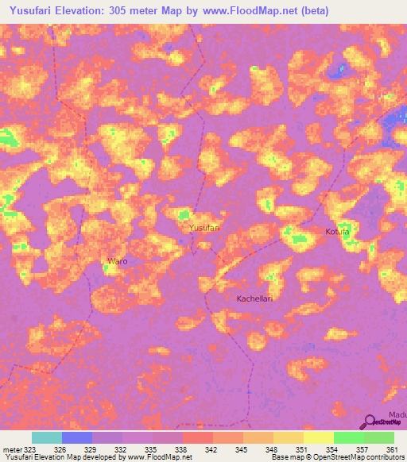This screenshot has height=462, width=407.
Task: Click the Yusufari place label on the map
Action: [x=203, y=228]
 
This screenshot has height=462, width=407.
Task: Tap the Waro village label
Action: [x=117, y=260]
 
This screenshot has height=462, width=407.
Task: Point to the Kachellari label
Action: [x=254, y=298]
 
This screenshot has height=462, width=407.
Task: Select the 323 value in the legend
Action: [x=29, y=449]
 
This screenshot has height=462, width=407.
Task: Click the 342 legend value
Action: [x=211, y=449]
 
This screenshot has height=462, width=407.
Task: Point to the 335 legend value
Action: [x=151, y=449]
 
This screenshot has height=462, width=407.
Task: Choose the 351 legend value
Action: [x=302, y=449]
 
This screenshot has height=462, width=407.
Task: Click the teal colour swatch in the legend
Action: [x=46, y=437]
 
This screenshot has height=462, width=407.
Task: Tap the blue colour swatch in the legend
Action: [x=76, y=437]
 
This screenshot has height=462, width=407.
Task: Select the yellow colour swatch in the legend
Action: [x=318, y=437]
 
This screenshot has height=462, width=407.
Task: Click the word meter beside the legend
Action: [x=11, y=449]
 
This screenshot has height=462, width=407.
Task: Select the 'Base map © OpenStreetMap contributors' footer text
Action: [x=336, y=457]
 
